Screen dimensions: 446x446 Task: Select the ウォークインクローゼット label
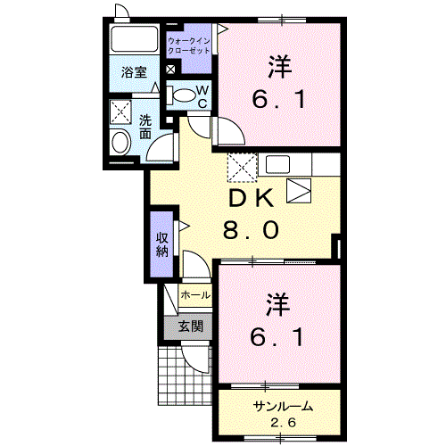(189, 45)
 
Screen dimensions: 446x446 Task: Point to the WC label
(202, 96)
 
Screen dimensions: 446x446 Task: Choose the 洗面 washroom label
(145, 127)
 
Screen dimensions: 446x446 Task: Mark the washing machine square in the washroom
(120, 111)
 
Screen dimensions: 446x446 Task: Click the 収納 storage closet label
(161, 243)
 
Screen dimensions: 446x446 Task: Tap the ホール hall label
(195, 295)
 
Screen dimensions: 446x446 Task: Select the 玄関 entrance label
(189, 326)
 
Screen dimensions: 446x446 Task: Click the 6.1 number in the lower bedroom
(277, 337)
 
